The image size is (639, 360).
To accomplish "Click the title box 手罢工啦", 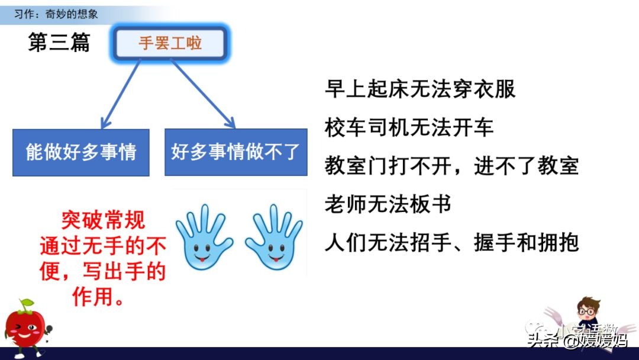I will (170, 43).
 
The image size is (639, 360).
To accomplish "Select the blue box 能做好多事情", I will (81, 152).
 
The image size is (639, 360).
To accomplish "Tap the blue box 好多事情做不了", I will (235, 152).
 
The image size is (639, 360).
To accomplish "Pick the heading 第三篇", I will (59, 43).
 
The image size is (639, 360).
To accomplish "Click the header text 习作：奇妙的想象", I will (57, 13).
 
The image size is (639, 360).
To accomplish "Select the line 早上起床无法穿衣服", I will (420, 89).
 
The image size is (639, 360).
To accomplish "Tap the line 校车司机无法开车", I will (409, 127).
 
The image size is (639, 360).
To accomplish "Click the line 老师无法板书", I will (388, 204).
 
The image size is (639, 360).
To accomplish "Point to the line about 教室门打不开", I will (451, 166).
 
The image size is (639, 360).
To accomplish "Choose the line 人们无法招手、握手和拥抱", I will (451, 243).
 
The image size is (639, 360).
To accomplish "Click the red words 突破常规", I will (103, 221).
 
